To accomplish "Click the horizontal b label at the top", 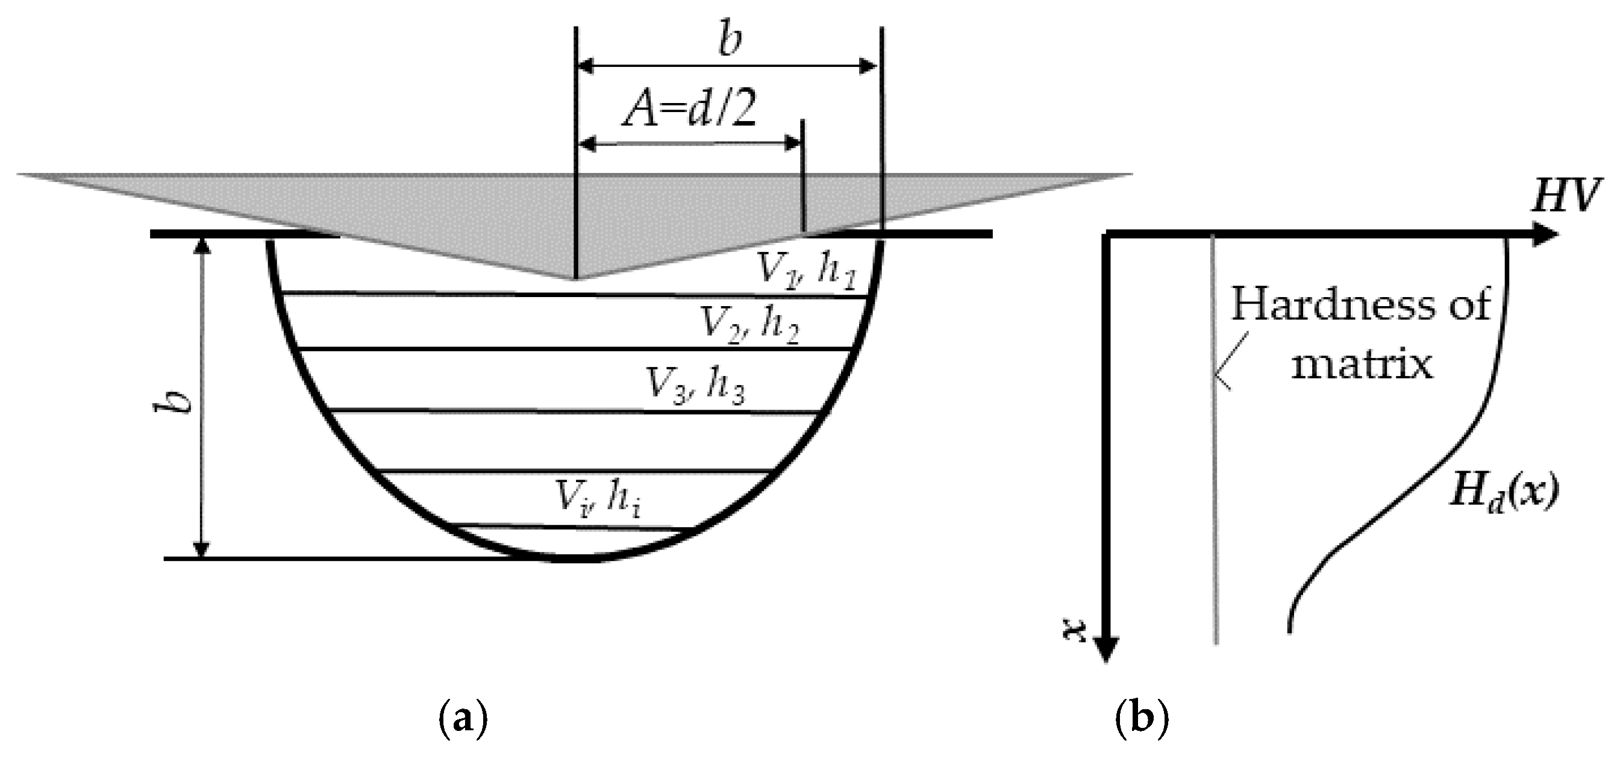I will coord(730,41).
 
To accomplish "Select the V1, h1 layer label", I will coord(806,270).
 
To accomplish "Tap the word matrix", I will coord(1362,365).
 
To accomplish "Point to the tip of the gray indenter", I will coord(575,278).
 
